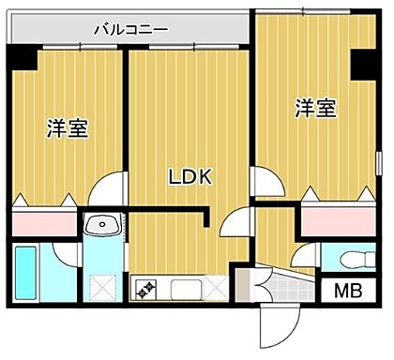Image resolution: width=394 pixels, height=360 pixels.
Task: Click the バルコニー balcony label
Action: point(130,29)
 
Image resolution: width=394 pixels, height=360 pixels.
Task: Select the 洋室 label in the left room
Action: point(68,129)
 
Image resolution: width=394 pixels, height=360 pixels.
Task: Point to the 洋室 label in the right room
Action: point(314,109)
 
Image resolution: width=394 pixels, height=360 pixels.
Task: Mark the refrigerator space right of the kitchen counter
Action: point(216,287)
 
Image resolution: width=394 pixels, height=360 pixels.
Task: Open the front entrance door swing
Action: point(268,327)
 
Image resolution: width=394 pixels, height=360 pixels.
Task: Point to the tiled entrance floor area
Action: point(246,286)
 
